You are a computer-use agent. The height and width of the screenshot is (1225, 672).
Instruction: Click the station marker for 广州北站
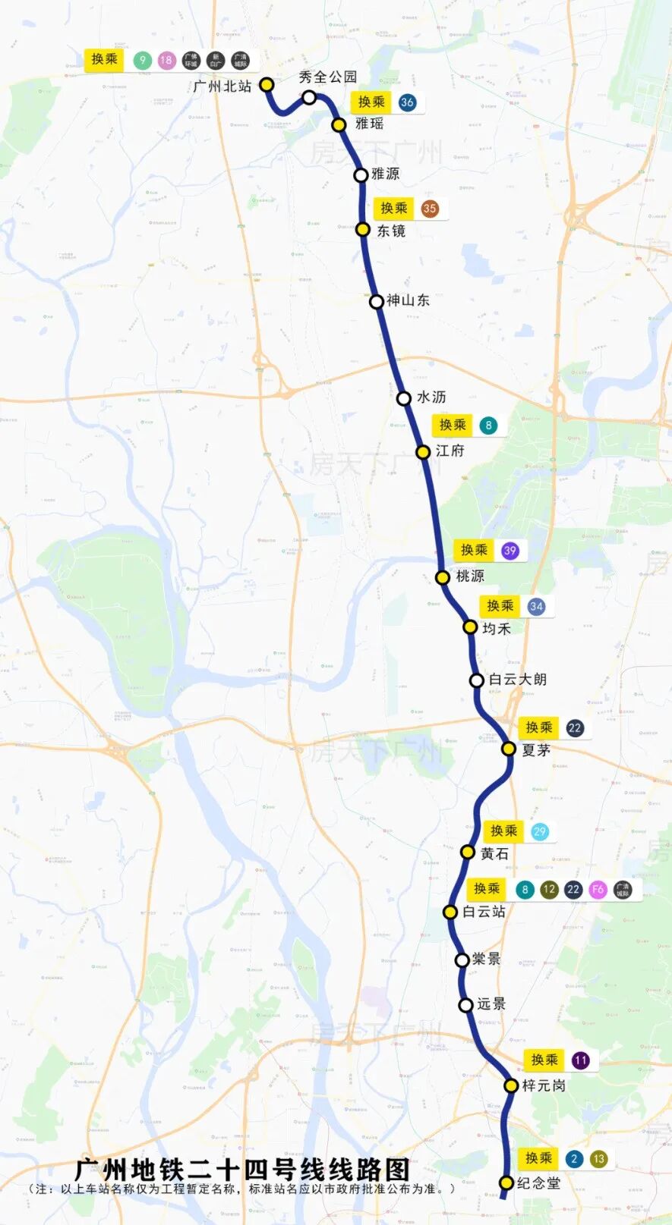tap(267, 84)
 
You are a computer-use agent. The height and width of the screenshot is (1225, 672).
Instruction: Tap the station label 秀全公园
tap(327, 77)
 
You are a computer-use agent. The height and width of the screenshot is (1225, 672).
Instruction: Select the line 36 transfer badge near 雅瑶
tap(407, 102)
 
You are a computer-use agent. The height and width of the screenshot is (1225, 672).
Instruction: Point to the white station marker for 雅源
tap(361, 175)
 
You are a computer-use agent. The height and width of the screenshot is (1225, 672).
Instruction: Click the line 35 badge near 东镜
tap(430, 209)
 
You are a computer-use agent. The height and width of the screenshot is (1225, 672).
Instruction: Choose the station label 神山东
tap(408, 300)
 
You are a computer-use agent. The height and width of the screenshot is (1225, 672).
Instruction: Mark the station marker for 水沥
tap(404, 398)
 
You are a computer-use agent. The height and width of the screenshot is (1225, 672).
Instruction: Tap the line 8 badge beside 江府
tap(488, 426)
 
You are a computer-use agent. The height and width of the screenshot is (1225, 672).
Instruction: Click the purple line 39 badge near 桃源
tap(510, 551)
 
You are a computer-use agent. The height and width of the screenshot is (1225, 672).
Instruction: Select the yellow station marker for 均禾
tap(470, 627)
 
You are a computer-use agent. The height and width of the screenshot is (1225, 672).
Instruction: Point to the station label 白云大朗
tap(517, 680)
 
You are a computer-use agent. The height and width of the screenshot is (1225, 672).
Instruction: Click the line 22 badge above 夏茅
tap(575, 728)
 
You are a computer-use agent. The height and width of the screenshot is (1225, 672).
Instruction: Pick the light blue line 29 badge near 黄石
tap(539, 831)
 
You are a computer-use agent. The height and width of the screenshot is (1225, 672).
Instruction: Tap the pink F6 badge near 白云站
tap(598, 890)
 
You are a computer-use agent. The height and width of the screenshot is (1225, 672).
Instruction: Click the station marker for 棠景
tap(462, 960)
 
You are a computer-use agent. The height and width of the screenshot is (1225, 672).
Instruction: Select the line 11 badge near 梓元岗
tap(581, 1060)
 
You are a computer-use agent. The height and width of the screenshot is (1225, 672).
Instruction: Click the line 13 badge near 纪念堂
tap(598, 1159)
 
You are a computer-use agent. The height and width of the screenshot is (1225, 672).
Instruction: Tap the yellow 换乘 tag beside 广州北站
tap(104, 60)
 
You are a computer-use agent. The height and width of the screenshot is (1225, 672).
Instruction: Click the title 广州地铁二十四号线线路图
tap(241, 1170)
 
